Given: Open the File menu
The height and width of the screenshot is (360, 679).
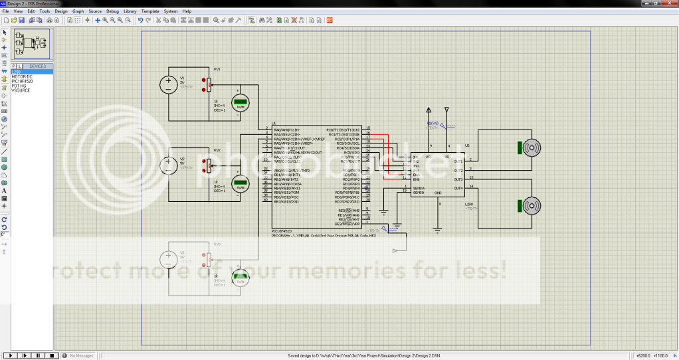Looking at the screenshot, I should [x=5, y=11].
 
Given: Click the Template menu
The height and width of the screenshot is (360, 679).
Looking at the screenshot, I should [x=150, y=11].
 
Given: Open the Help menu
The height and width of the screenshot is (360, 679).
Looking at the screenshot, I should [x=187, y=11].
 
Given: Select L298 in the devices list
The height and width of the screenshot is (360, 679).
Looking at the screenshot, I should [x=16, y=72].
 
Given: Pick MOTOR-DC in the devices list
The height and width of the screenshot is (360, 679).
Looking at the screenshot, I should [x=21, y=76].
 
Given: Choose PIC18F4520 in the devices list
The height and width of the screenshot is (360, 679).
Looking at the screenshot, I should [x=22, y=81].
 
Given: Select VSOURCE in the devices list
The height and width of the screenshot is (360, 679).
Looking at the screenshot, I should [x=21, y=90].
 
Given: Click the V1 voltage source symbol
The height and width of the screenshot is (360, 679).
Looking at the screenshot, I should [x=167, y=85].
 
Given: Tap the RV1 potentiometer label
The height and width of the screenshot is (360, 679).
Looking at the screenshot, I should [x=217, y=69].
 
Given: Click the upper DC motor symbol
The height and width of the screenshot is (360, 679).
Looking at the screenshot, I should [x=532, y=148].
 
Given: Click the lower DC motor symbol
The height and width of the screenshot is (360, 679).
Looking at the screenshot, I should [x=532, y=207].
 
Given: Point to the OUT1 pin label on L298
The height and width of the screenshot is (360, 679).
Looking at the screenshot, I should [x=458, y=162].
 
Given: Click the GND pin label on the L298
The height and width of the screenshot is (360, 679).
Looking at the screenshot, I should [x=438, y=193].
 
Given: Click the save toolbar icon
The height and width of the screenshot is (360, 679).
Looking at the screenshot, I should [x=21, y=21].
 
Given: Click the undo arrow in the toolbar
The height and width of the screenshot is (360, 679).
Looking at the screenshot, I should [x=140, y=21].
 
